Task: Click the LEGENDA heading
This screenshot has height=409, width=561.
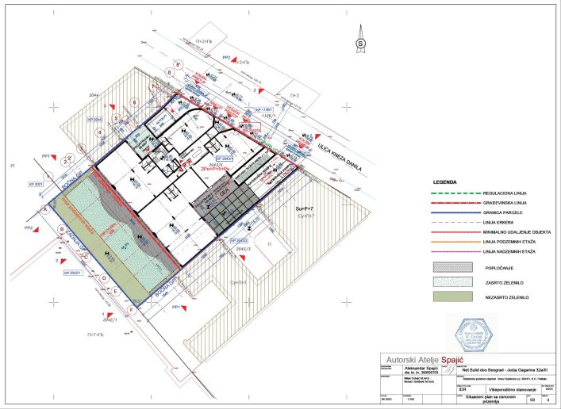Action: pyautogui.click(x=446, y=182)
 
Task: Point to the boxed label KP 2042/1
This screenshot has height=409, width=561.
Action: pyautogui.click(x=73, y=273)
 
